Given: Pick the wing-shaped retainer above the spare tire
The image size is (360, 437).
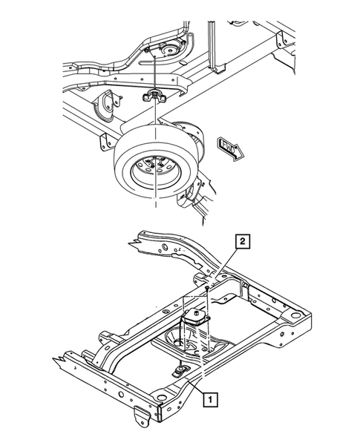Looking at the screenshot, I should [x=156, y=95].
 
